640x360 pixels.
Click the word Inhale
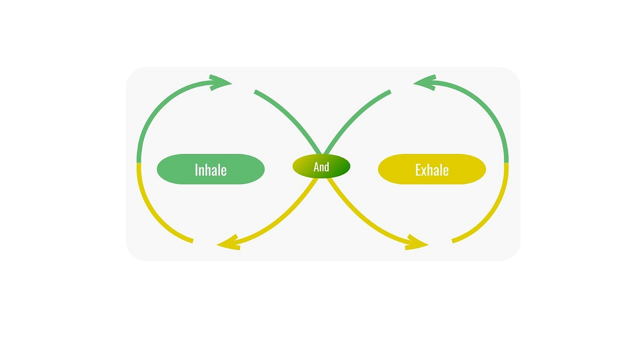tap(211, 170)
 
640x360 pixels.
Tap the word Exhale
tap(432, 170)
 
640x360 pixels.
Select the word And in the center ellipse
tap(321, 167)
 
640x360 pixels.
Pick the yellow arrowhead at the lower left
tap(228, 244)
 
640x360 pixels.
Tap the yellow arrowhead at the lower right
tap(417, 244)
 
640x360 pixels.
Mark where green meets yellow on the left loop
tap(139, 163)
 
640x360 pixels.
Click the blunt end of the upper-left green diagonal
tap(255, 92)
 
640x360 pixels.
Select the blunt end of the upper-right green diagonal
tap(389, 92)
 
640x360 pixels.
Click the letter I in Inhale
tap(196, 170)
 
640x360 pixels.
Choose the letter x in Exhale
tap(424, 170)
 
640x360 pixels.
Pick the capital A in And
tap(316, 167)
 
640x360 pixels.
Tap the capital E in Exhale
tap(418, 170)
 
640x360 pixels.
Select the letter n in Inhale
tap(201, 171)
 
